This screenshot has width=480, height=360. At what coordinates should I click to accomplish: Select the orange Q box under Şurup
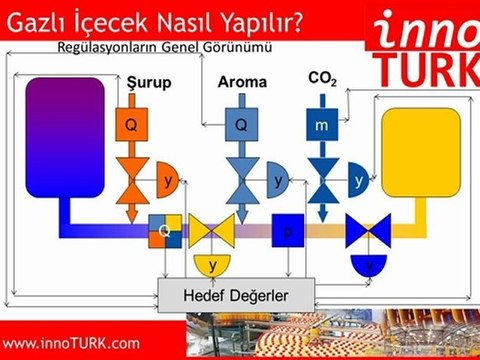tap(131, 125)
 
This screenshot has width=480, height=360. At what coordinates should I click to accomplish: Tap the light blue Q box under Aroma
tap(241, 125)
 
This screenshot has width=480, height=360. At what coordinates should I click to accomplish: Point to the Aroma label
tap(242, 82)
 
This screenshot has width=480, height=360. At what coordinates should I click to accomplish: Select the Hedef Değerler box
tap(236, 293)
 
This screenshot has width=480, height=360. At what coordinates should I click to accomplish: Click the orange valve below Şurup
tap(131, 180)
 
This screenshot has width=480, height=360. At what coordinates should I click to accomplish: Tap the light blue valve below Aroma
tap(241, 180)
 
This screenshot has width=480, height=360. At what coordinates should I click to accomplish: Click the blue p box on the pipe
tap(287, 230)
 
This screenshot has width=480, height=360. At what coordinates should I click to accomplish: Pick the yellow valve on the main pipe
tap(212, 231)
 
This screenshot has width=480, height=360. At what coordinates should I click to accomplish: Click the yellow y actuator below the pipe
tap(212, 264)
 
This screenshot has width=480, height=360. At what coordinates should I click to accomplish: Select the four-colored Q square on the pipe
tap(164, 230)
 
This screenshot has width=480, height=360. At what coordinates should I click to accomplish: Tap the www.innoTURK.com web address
tap(72, 343)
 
